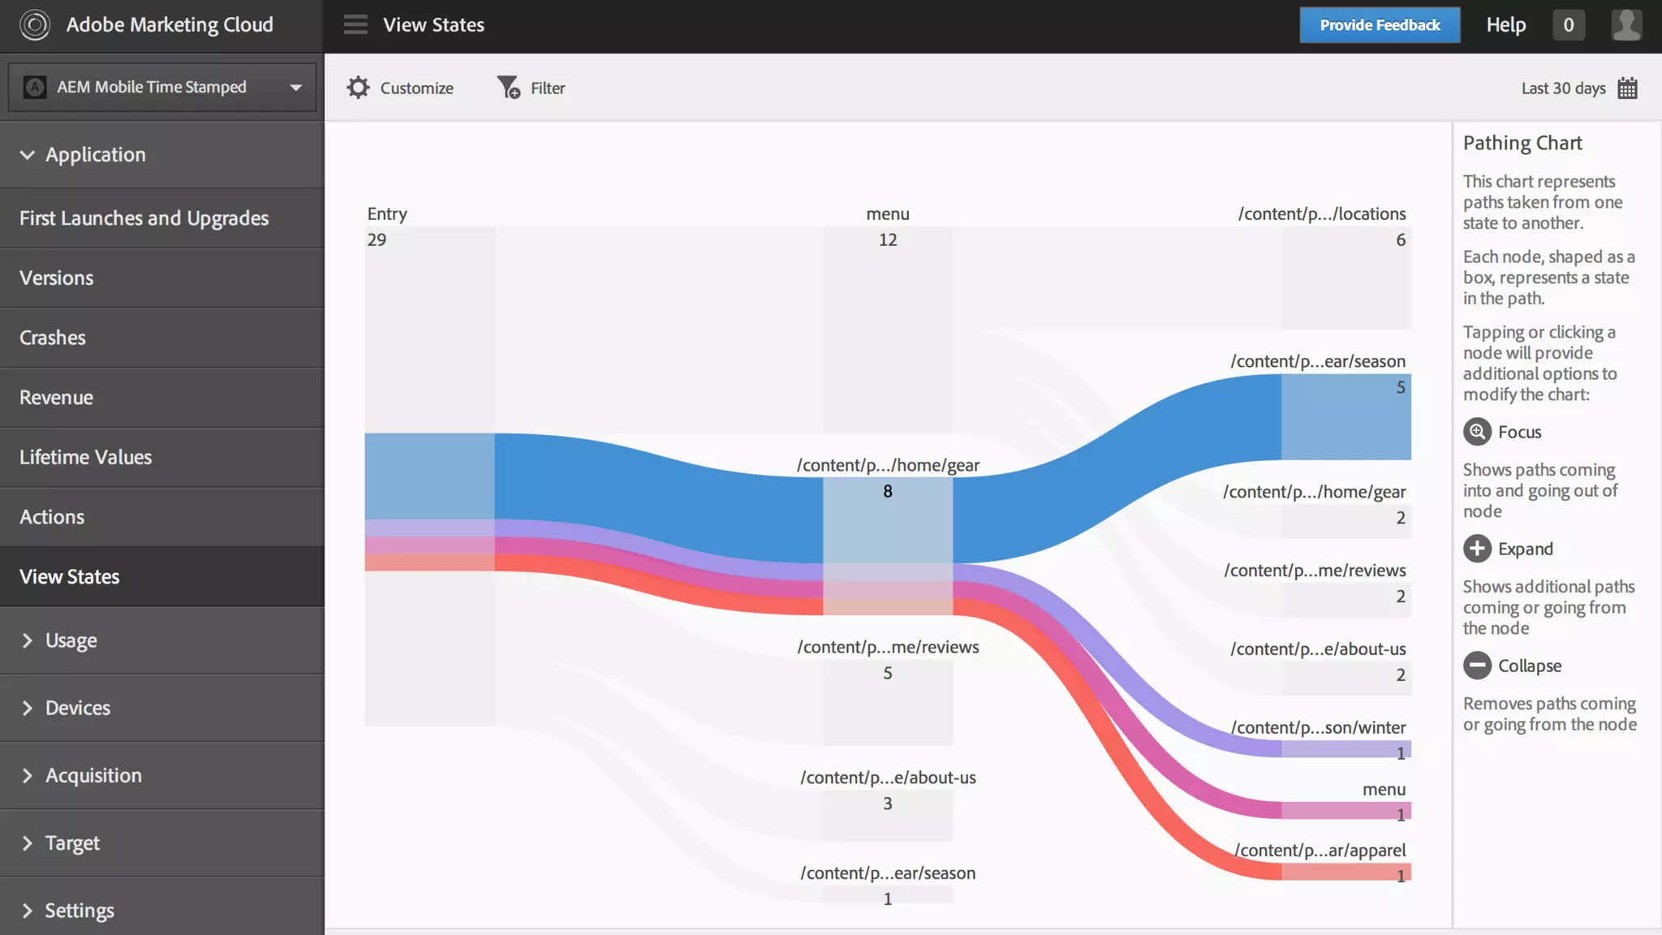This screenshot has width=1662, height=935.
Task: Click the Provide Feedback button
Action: (1380, 25)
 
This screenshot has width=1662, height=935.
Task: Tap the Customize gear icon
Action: (358, 88)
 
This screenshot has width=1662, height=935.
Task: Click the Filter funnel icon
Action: (508, 88)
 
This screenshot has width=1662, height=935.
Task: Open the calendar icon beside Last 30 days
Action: (1627, 88)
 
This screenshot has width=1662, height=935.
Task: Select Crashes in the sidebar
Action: (53, 338)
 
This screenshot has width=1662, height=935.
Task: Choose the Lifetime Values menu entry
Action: (85, 457)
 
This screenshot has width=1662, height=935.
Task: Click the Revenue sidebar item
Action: (56, 398)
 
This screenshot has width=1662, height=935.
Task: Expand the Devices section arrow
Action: (28, 708)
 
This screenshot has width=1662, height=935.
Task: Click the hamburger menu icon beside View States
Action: (355, 25)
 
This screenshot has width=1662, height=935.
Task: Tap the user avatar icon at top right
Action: (1626, 25)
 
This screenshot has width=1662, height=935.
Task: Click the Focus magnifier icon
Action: (1477, 432)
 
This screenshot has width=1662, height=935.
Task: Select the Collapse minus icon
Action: (1477, 666)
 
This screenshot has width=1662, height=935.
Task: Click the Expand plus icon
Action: (1477, 549)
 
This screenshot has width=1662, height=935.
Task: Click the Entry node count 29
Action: (377, 239)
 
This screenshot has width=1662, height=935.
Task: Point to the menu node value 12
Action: (888, 239)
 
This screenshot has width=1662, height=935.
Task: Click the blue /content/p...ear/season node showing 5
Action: (1346, 416)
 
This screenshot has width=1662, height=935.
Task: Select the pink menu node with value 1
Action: (1346, 810)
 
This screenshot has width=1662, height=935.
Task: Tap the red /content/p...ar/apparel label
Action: (1320, 850)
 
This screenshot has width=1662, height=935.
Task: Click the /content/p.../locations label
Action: (1321, 213)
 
